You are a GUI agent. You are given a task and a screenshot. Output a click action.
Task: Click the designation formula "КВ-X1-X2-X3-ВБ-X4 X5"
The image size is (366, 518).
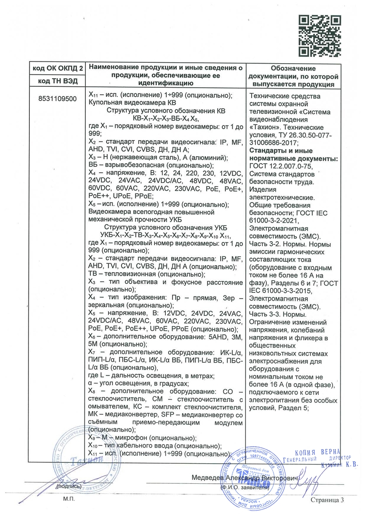click(165, 118)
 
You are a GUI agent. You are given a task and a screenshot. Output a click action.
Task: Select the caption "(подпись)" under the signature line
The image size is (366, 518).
click(69, 487)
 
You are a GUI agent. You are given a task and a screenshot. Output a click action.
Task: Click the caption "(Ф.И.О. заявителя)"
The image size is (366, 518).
click(244, 487)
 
